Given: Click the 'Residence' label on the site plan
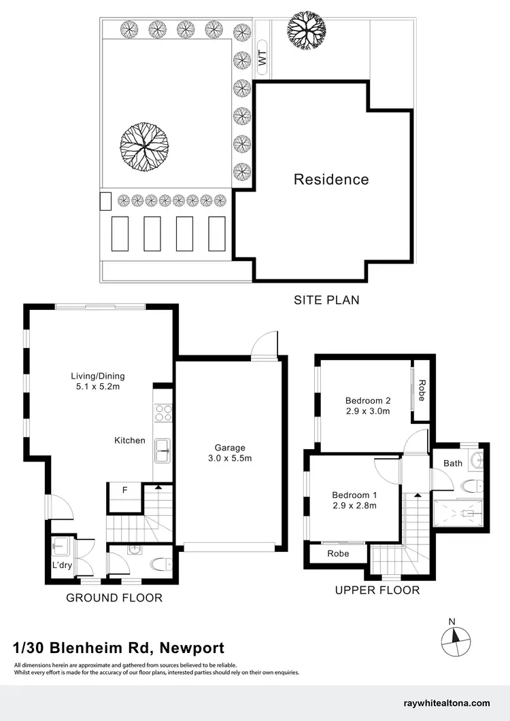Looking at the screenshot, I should coord(331,179).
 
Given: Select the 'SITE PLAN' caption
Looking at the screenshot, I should coord(326,300).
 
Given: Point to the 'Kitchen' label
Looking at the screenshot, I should coord(129,440).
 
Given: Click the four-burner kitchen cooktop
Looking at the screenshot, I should coord(163,413).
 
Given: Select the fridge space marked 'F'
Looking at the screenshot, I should coord(124,488).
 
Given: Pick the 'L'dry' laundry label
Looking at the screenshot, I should coord(62,565).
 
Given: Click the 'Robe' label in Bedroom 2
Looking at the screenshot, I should coord(422,390).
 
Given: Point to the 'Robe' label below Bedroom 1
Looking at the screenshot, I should coord(338,553).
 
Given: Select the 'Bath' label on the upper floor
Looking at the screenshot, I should coord(453,463).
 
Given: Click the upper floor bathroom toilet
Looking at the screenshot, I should coord(471,486).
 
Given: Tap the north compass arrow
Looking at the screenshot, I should coord(452,637).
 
